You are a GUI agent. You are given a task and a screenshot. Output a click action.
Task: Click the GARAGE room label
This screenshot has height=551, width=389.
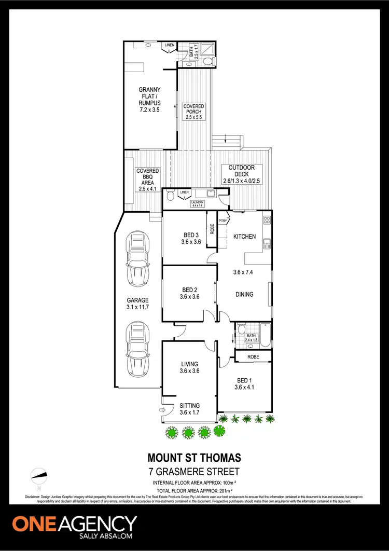click(138, 304)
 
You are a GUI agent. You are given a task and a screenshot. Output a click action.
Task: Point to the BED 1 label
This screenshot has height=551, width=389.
click(244, 383)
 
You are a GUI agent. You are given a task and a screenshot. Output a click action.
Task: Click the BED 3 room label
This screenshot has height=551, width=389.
click(190, 238)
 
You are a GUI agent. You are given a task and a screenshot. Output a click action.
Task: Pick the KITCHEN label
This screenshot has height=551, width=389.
click(244, 237)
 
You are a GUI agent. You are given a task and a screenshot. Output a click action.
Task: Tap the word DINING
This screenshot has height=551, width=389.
click(244, 294)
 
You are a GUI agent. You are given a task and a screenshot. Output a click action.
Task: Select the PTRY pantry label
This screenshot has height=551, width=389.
click(223, 221)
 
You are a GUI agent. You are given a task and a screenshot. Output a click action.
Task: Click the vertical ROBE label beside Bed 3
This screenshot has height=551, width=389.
click(212, 229)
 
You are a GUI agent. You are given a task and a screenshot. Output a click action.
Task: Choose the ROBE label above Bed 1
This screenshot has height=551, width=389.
click(253, 357)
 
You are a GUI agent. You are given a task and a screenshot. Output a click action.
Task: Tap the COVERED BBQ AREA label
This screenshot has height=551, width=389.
click(148, 180)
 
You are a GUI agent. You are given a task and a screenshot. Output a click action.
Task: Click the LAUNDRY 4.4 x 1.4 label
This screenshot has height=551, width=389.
click(197, 204)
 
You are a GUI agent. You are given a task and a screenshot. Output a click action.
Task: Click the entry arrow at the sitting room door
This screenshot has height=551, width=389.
click(161, 410)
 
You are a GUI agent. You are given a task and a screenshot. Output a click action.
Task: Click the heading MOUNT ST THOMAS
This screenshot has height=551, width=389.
click(195, 458)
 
